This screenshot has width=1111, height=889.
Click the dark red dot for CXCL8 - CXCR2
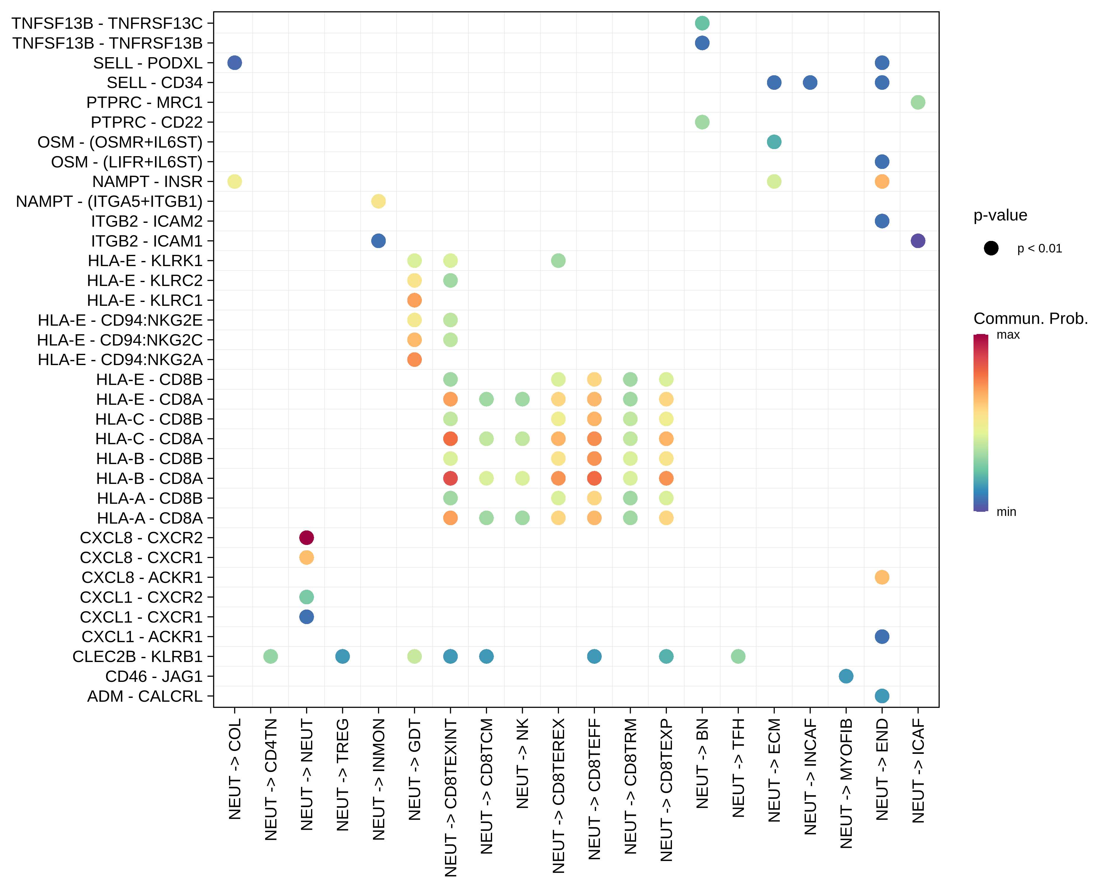click(x=307, y=538)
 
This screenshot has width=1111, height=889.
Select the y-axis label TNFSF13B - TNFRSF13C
click(x=107, y=23)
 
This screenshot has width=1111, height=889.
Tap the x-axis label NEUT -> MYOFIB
click(x=846, y=783)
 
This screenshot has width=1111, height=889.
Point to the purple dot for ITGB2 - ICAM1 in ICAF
click(x=918, y=241)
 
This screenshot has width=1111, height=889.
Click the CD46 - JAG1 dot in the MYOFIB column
click(x=846, y=676)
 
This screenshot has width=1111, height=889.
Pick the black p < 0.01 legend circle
click(x=991, y=248)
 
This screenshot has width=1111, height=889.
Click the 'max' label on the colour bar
click(x=1008, y=335)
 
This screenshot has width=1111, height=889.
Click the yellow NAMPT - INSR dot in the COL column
click(x=234, y=181)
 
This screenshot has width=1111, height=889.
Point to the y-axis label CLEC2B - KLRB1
click(x=137, y=657)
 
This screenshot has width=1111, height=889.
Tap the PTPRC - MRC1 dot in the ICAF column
click(x=918, y=103)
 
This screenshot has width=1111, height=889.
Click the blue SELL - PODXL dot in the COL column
click(x=234, y=63)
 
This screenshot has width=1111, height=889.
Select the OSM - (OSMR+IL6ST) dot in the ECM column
click(x=774, y=142)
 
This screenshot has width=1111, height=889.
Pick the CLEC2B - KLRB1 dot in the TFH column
click(x=738, y=657)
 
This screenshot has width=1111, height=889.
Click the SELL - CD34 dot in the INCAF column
click(x=810, y=82)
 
